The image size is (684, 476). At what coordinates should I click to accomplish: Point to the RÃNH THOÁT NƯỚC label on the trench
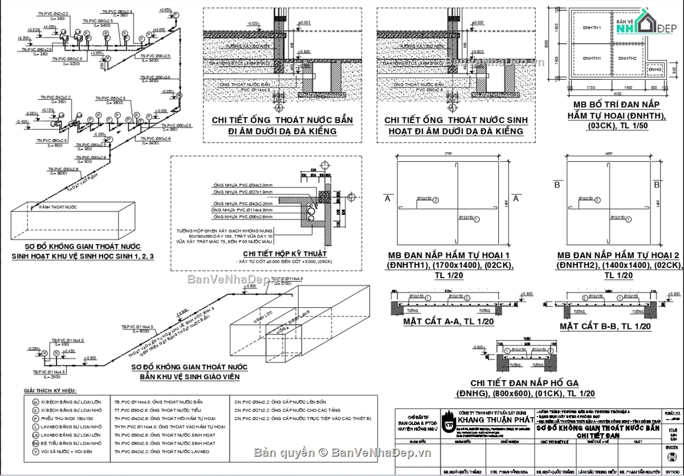tap(58, 207)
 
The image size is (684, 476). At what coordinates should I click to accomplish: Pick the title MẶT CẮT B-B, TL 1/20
tap(605, 326)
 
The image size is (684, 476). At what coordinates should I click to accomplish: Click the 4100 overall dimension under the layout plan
tap(617, 93)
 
